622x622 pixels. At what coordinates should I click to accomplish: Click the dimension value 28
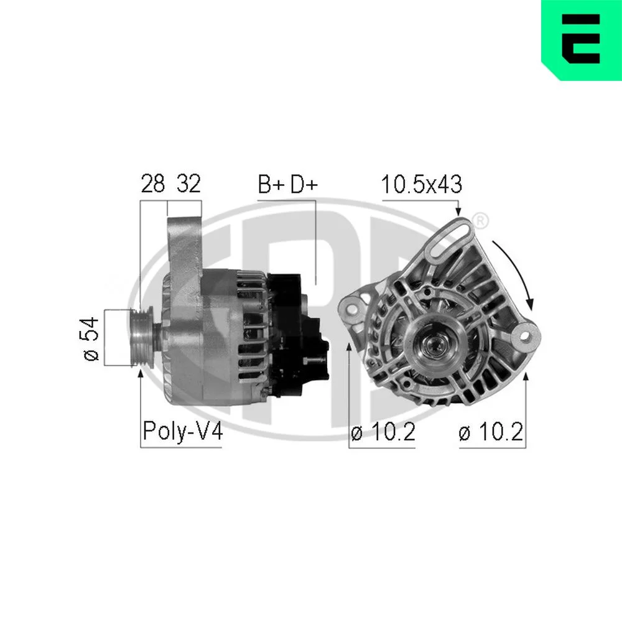pos(153,183)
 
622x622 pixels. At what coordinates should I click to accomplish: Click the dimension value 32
pos(189,183)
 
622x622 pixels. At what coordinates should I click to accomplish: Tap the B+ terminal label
pos(271,184)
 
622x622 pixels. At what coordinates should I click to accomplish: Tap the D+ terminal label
pos(304,184)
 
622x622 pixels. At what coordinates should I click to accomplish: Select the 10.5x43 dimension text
pos(421,185)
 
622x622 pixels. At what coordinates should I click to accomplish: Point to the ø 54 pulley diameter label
pos(91,338)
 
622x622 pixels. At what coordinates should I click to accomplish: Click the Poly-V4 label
pos(182,431)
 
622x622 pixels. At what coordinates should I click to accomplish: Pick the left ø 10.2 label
pos(383,432)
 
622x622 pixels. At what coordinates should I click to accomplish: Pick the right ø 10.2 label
pos(491,432)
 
